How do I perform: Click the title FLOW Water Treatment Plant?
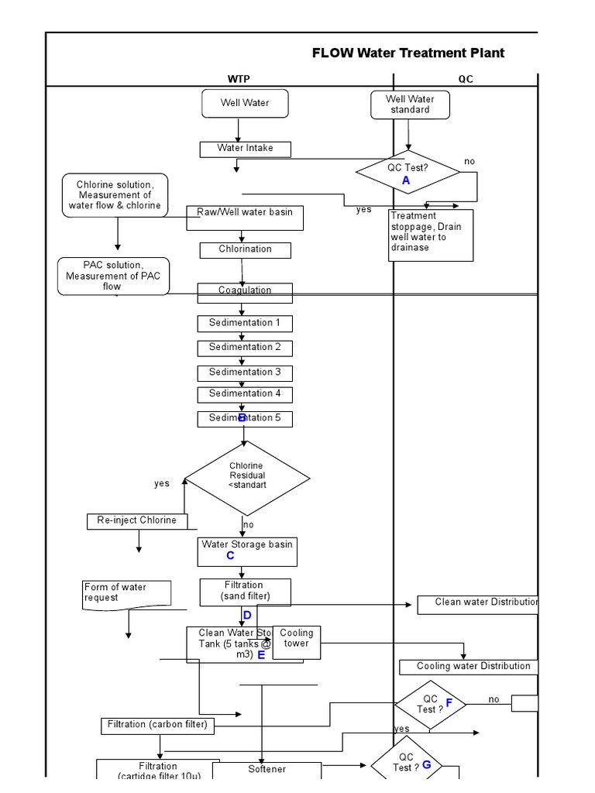[x=408, y=53]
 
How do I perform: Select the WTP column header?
[x=239, y=79]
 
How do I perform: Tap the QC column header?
[x=465, y=79]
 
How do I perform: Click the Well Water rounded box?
[x=245, y=103]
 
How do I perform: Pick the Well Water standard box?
[x=410, y=105]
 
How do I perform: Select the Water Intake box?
[x=245, y=148]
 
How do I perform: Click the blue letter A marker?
[x=405, y=180]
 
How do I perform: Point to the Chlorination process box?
[x=245, y=249]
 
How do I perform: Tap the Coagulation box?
[x=245, y=292]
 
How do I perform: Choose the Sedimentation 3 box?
[x=245, y=372]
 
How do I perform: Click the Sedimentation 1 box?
[x=245, y=323]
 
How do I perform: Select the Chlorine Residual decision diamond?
[x=246, y=476]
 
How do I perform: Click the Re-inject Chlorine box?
[x=137, y=520]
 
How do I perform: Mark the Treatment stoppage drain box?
[x=430, y=235]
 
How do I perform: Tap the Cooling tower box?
[x=297, y=641]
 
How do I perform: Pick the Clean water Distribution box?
[x=477, y=603]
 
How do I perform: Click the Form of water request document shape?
[x=126, y=593]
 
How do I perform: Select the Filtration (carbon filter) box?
[x=158, y=726]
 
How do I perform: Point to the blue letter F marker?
[x=449, y=702]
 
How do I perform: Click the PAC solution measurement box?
[x=113, y=276]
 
